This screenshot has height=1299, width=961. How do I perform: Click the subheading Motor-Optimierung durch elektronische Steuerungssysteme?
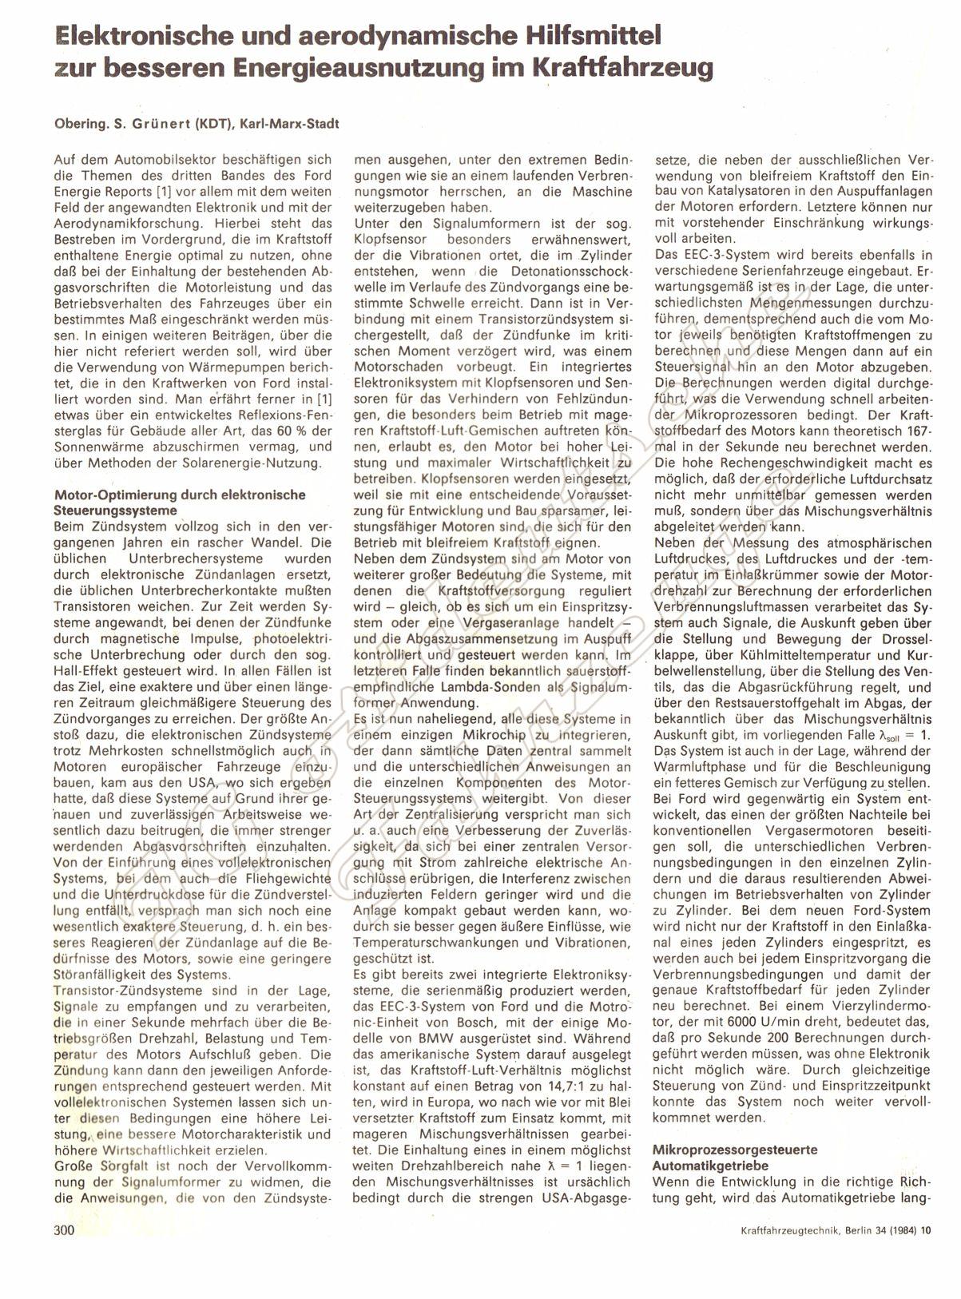pyautogui.click(x=179, y=502)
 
